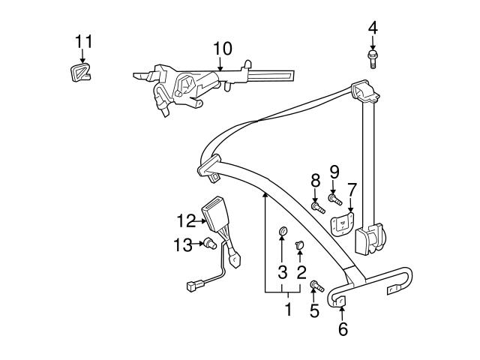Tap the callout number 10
coord(222,49)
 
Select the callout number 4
coord(373,28)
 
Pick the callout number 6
coord(342,328)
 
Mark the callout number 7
coord(351,187)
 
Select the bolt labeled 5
coord(316,285)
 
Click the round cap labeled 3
coord(283,231)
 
